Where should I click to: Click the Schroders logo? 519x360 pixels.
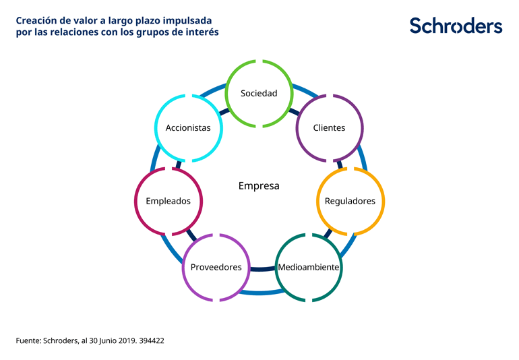pyautogui.click(x=456, y=26)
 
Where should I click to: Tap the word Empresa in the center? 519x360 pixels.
pyautogui.click(x=259, y=185)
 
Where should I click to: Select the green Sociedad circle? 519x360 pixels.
pyautogui.click(x=259, y=93)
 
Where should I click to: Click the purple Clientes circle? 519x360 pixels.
pyautogui.click(x=330, y=127)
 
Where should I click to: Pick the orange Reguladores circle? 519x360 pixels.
pyautogui.click(x=350, y=201)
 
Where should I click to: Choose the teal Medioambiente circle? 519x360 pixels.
pyautogui.click(x=309, y=267)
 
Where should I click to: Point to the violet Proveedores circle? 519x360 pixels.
pyautogui.click(x=216, y=267)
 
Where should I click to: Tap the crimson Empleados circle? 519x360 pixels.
pyautogui.click(x=168, y=201)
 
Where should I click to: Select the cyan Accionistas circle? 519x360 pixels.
pyautogui.click(x=188, y=127)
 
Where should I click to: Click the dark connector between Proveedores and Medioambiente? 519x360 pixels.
pyautogui.click(x=262, y=269)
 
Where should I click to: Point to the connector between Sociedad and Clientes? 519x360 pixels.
pyautogui.click(x=295, y=111)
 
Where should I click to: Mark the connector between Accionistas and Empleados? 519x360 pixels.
pyautogui.click(x=179, y=164)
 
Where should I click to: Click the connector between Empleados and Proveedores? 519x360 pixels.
pyautogui.click(x=191, y=235)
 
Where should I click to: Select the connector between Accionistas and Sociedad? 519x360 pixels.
pyautogui.click(x=223, y=111)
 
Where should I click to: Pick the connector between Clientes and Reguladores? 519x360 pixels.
pyautogui.click(x=340, y=164)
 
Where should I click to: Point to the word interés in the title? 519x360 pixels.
pyautogui.click(x=202, y=32)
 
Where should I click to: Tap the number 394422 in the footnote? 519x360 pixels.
pyautogui.click(x=152, y=341)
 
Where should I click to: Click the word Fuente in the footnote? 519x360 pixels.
pyautogui.click(x=28, y=341)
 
